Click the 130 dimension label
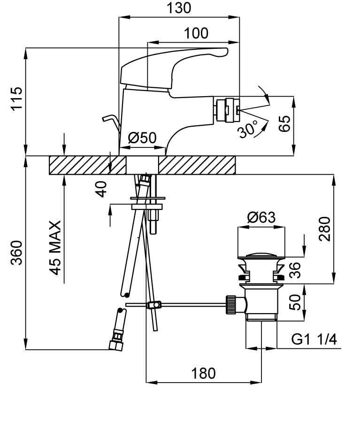click(179, 8)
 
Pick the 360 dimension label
click(16, 253)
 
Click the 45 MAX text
click(55, 247)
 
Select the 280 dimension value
click(325, 229)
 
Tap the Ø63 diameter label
click(261, 217)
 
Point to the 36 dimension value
click(294, 270)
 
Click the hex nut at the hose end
click(115, 345)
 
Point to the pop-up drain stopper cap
click(261, 256)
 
